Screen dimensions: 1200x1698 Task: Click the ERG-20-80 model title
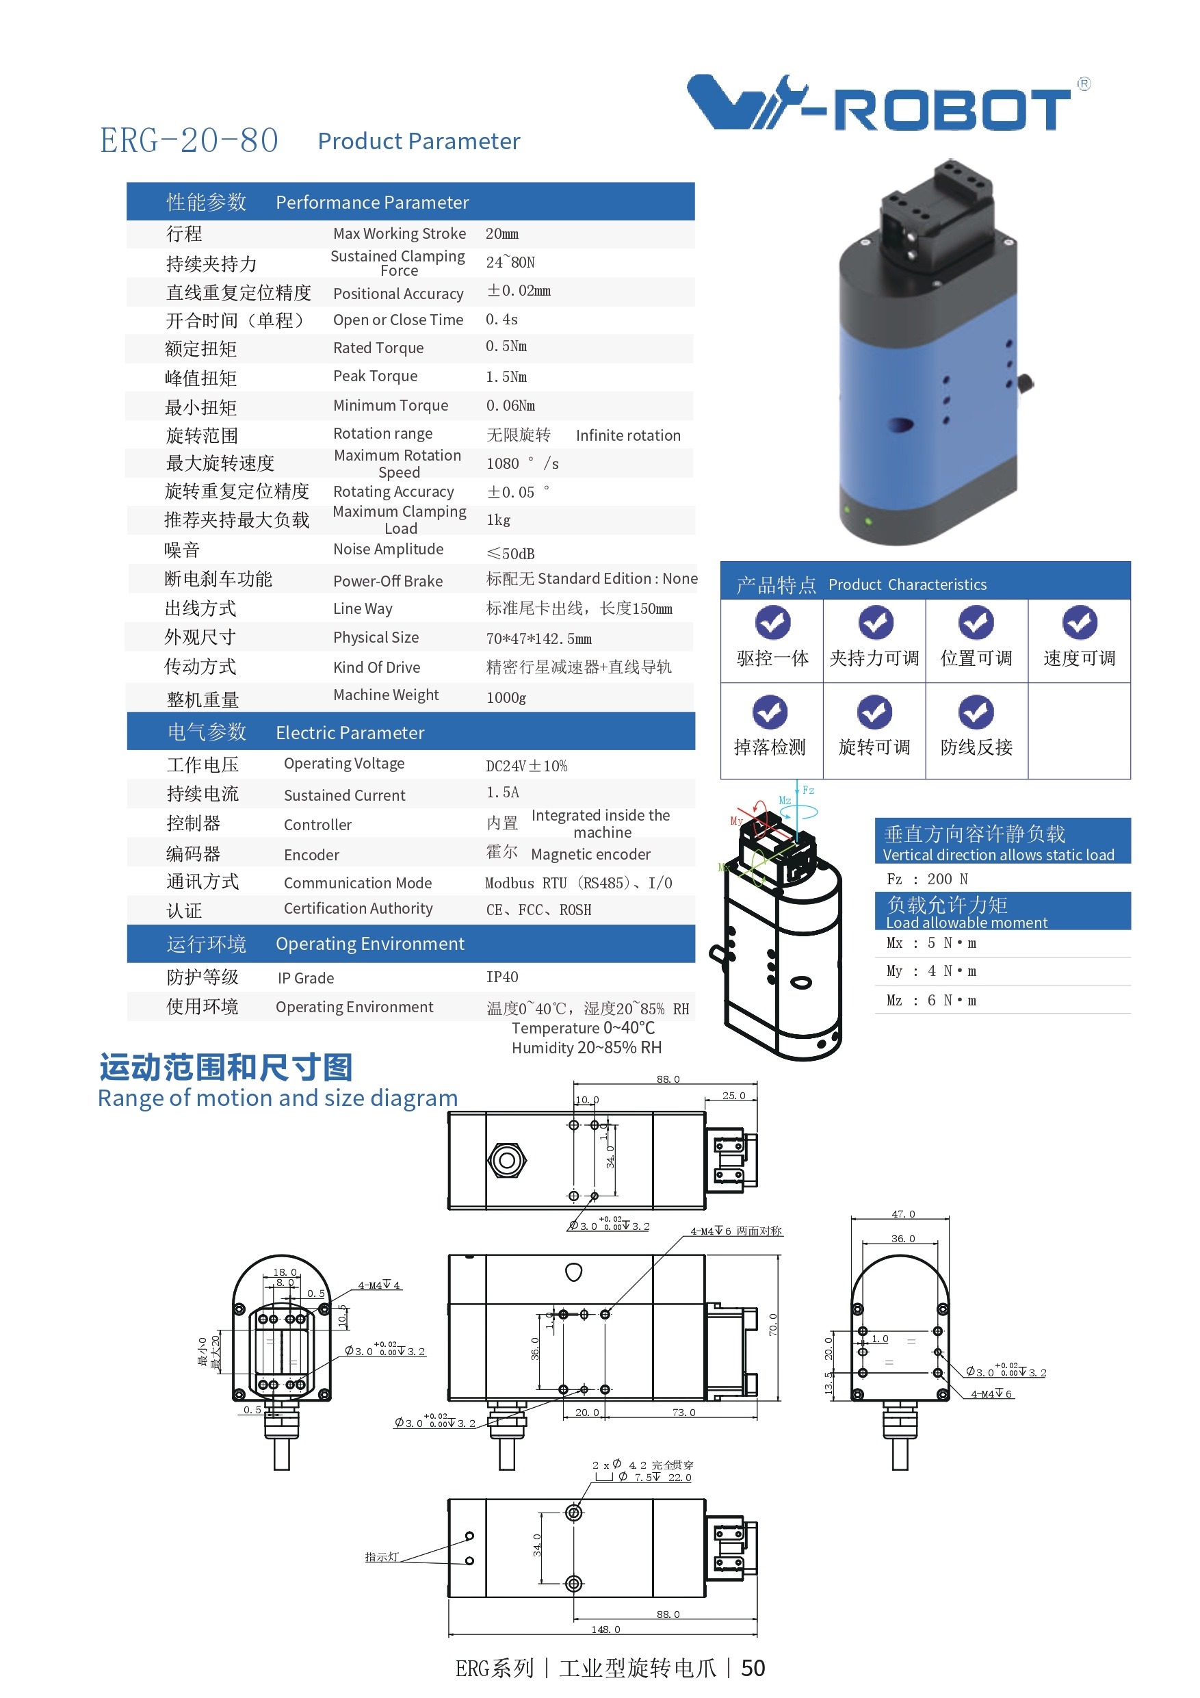click(190, 140)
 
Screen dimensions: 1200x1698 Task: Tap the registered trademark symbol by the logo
click(1083, 84)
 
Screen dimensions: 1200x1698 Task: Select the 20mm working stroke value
click(502, 233)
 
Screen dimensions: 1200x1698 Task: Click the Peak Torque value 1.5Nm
click(506, 376)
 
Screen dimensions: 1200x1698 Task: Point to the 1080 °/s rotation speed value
click(522, 464)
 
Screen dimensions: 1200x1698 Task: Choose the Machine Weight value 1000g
click(506, 697)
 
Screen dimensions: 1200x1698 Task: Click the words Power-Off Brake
click(387, 581)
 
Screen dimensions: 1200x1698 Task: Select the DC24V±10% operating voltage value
click(526, 765)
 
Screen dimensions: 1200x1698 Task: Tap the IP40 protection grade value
click(502, 977)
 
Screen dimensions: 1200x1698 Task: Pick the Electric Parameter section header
click(350, 733)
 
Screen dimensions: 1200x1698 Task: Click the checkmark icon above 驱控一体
click(772, 623)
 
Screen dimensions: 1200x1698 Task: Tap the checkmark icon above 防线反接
click(976, 712)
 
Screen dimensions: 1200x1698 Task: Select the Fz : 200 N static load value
click(927, 879)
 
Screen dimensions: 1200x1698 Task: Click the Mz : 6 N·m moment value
click(931, 1000)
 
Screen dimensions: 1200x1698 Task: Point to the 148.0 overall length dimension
click(605, 1630)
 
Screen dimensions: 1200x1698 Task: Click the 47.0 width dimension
click(903, 1213)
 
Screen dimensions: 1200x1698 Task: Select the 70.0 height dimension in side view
click(772, 1324)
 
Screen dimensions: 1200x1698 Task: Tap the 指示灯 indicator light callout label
click(382, 1557)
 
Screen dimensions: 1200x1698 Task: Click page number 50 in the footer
click(753, 1668)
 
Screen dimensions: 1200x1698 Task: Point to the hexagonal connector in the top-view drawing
click(506, 1160)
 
